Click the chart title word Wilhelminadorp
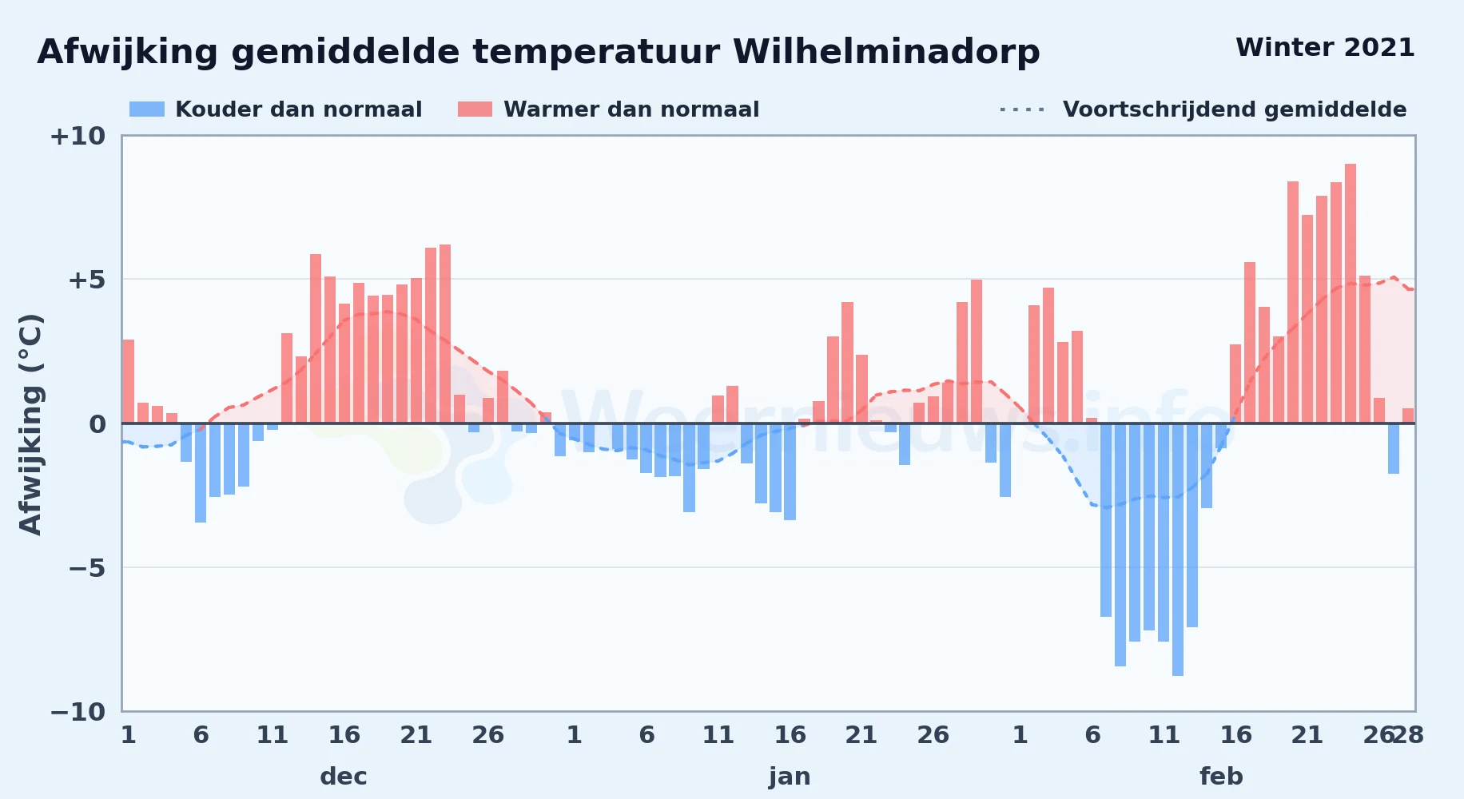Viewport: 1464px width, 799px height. click(x=886, y=52)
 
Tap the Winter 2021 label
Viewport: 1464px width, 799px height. click(x=1325, y=47)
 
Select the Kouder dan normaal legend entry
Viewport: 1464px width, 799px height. click(x=276, y=109)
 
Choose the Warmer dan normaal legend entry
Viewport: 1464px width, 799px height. click(x=608, y=109)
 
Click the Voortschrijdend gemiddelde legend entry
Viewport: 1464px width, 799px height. click(x=1203, y=109)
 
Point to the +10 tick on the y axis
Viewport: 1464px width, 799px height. click(x=78, y=136)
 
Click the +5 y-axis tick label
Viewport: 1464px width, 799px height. click(x=86, y=280)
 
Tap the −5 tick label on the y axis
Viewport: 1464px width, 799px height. click(x=86, y=567)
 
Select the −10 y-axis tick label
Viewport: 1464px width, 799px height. click(x=78, y=711)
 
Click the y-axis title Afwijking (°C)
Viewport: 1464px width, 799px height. click(x=30, y=423)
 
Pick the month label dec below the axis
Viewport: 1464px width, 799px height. click(x=344, y=776)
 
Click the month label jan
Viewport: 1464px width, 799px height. click(x=790, y=776)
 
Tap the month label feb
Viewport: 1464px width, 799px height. click(x=1221, y=776)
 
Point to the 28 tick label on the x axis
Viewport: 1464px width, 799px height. click(x=1408, y=734)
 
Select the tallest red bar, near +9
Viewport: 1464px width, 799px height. click(x=1351, y=293)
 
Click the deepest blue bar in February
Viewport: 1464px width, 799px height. click(x=1178, y=550)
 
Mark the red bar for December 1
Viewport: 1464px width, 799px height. click(x=129, y=381)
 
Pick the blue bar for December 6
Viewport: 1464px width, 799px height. click(x=201, y=473)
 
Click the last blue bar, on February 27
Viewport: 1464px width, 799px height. click(x=1394, y=448)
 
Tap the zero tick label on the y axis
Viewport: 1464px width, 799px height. click(x=97, y=423)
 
